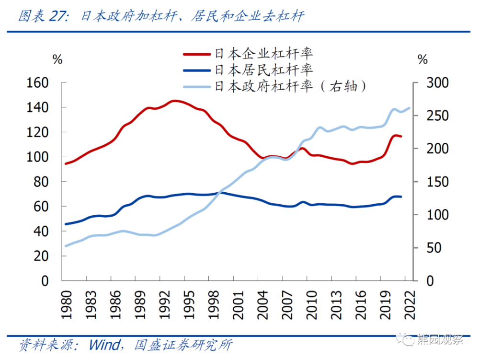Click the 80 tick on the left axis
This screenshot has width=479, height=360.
44,182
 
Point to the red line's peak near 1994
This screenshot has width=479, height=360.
174,101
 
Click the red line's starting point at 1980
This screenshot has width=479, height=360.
66,163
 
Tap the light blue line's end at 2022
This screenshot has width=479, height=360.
410,108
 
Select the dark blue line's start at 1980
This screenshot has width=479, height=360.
66,224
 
